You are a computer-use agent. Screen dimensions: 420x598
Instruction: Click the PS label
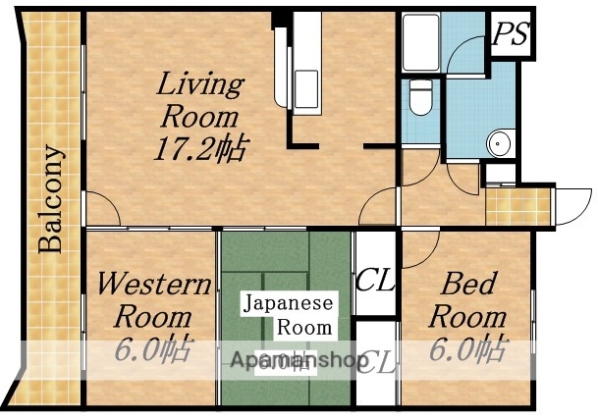coord(510,35)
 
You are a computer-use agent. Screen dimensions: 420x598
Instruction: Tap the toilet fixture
coord(420,99)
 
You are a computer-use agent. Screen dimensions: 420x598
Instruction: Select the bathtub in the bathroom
coord(421,43)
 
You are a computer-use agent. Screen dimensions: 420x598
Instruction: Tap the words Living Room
coord(199,100)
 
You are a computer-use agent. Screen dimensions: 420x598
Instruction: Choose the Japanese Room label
coord(289,314)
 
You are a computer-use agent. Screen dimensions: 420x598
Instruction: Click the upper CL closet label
coord(375,281)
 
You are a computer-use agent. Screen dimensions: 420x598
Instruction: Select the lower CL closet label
coord(375,364)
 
